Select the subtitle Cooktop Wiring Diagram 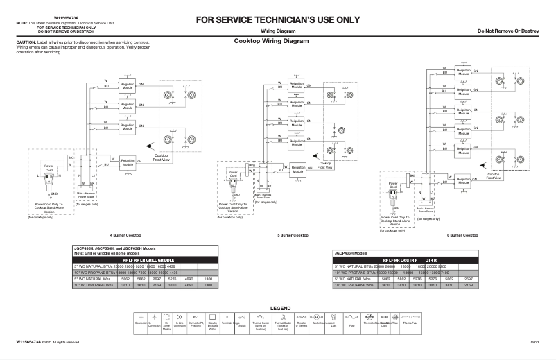coord(271,41)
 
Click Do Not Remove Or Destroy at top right coord(508,32)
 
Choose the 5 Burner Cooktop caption coord(293,235)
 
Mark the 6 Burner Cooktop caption coord(462,235)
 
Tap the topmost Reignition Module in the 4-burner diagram coord(128,87)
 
